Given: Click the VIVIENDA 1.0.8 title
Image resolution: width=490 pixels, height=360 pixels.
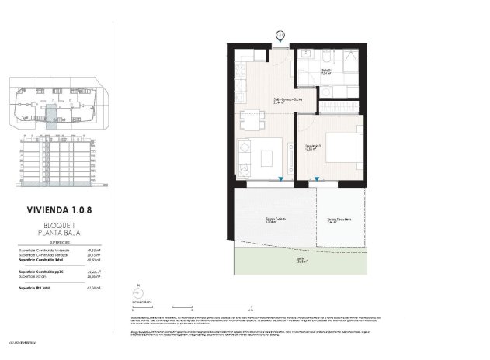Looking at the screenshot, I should click(x=54, y=209).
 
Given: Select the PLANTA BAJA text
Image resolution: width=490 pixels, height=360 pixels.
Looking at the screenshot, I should click(x=54, y=232).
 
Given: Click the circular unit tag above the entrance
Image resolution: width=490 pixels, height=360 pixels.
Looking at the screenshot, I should click(x=280, y=35).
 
